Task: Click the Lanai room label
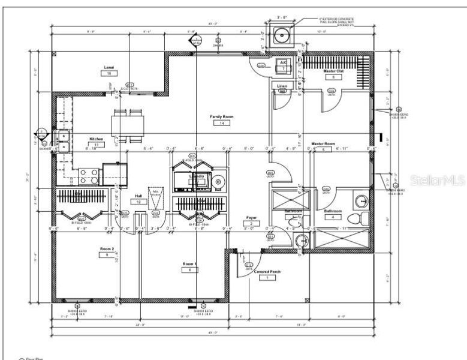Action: pos(109,67)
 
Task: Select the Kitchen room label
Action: pos(97,139)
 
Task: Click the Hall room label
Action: pos(138,196)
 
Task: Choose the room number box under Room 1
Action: pos(189,270)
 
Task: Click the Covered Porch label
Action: pos(267,271)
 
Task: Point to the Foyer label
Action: pos(251,218)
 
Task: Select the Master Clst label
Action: pos(333,71)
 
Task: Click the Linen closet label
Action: pos(282,85)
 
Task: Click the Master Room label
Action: pos(322,144)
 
